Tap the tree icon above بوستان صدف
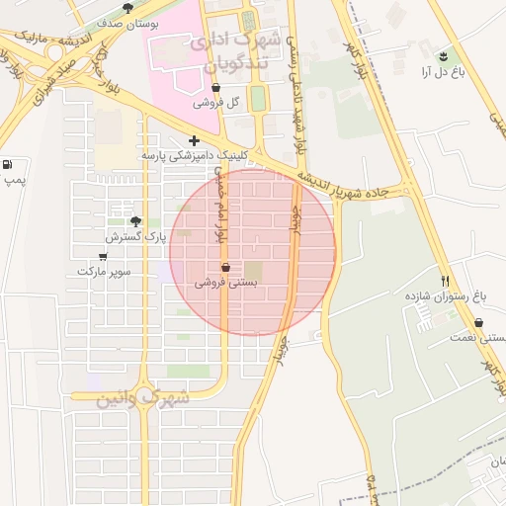127,8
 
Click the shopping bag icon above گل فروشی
215,88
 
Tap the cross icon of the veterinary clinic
194,140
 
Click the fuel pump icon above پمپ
9,165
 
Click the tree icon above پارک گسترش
135,221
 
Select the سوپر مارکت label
103,271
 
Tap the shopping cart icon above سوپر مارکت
103,256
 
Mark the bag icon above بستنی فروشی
225,267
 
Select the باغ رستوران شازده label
446,295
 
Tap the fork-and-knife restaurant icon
445,280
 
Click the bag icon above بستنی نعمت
479,322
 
